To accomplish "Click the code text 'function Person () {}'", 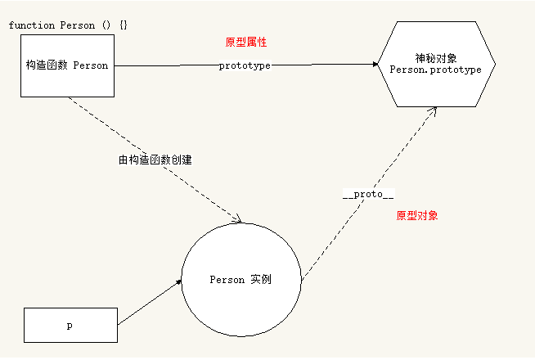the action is pyautogui.click(x=68, y=25).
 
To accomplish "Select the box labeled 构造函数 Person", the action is pyautogui.click(x=68, y=65).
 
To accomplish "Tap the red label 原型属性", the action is pyautogui.click(x=246, y=43).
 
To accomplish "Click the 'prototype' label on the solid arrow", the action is pyautogui.click(x=245, y=65).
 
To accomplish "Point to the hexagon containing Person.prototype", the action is pyautogui.click(x=436, y=64).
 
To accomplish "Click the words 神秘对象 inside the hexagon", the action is pyautogui.click(x=436, y=58).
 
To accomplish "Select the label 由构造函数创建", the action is pyautogui.click(x=155, y=160).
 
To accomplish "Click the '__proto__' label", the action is pyautogui.click(x=368, y=194).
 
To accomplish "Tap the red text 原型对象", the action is pyautogui.click(x=417, y=216).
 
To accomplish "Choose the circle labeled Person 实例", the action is pyautogui.click(x=241, y=280).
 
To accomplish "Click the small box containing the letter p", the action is pyautogui.click(x=70, y=325).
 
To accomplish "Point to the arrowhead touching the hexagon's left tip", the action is pyautogui.click(x=375, y=64).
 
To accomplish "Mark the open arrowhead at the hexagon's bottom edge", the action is pyautogui.click(x=433, y=111).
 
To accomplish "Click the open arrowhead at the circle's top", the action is pyautogui.click(x=236, y=218).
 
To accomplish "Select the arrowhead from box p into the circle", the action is pyautogui.click(x=178, y=282).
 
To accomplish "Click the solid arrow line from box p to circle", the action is pyautogui.click(x=150, y=303).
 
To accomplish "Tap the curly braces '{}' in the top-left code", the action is pyautogui.click(x=124, y=25).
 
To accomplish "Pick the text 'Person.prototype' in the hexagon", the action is pyautogui.click(x=436, y=70).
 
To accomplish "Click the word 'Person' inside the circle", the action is pyautogui.click(x=227, y=280).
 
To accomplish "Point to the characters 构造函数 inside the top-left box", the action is pyautogui.click(x=47, y=65).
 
